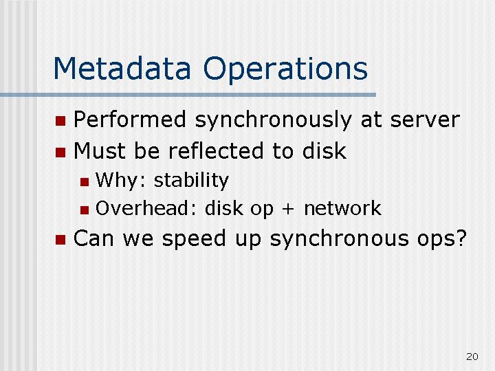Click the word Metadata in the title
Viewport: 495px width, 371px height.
click(x=122, y=68)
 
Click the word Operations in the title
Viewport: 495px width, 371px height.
click(x=285, y=70)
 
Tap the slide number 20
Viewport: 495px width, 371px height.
click(x=472, y=357)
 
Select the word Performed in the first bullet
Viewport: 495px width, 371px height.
click(x=129, y=120)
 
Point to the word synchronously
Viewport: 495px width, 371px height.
click(x=274, y=120)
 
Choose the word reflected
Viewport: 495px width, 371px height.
click(x=216, y=150)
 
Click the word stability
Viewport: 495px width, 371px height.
click(x=191, y=181)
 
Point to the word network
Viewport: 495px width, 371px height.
click(x=342, y=208)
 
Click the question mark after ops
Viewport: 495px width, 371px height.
click(x=461, y=238)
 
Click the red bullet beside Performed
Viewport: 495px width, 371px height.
click(x=60, y=121)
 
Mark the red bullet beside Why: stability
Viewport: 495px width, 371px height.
click(x=85, y=182)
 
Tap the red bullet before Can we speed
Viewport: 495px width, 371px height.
click(x=60, y=240)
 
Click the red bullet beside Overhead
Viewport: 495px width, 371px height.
click(x=85, y=210)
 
